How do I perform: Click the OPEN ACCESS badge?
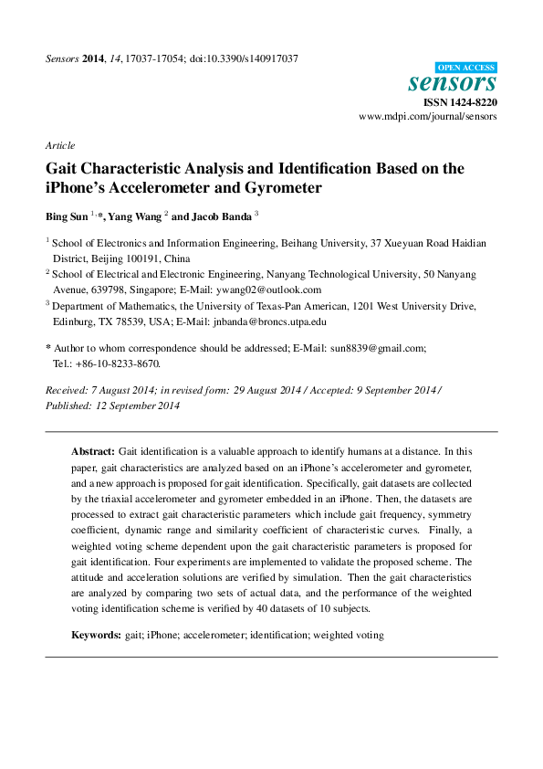tap(466, 68)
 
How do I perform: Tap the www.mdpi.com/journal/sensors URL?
tap(428, 118)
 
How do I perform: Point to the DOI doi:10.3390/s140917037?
tap(244, 58)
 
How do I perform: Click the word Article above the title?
tap(59, 145)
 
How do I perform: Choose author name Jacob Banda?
tap(222, 217)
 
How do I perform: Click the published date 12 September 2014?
tap(141, 406)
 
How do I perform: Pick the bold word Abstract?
tap(93, 452)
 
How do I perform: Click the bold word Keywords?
tap(97, 634)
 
